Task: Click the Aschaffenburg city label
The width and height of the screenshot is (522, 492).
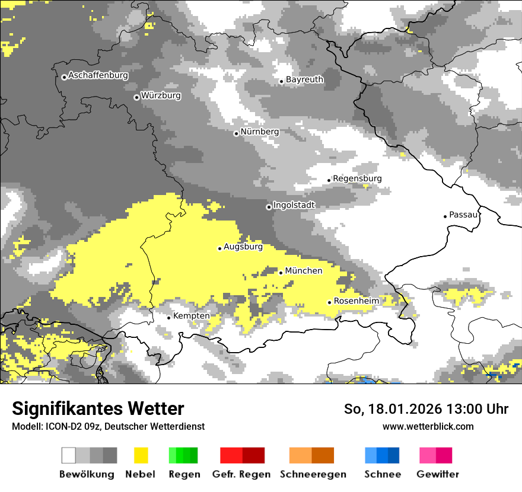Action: (98, 75)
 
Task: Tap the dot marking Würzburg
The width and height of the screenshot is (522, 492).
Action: (136, 97)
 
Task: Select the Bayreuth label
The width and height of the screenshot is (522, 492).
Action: (304, 79)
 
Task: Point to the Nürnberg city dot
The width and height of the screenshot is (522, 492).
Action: (236, 133)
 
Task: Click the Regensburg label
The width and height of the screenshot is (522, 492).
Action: (357, 178)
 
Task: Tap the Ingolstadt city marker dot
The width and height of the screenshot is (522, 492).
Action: (269, 207)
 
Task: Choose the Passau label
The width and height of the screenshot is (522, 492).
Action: (463, 215)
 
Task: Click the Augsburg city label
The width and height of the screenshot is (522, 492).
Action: (243, 247)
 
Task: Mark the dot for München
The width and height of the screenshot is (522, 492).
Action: (281, 273)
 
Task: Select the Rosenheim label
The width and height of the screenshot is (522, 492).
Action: (356, 301)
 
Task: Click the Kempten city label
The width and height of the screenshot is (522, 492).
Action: (191, 316)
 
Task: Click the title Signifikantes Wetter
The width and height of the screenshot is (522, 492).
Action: (98, 408)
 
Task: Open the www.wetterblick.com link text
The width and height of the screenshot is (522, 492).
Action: (428, 426)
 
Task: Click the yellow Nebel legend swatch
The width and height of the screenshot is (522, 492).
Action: (141, 455)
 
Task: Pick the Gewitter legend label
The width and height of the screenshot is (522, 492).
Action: (437, 474)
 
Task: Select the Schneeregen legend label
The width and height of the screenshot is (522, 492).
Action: (313, 474)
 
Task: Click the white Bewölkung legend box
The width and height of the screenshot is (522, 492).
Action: (69, 455)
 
